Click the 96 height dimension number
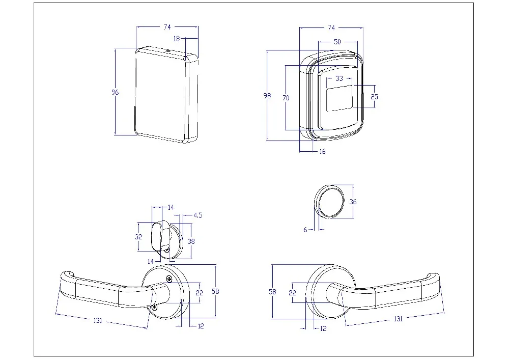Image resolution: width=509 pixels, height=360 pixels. pos(115,92)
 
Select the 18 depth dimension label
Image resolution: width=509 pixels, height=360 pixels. pos(177,38)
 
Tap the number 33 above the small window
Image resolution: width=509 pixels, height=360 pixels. pos(340,78)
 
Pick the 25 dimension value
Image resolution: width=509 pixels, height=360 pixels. pos(375,96)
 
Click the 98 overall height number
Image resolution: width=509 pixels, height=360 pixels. pos(268,96)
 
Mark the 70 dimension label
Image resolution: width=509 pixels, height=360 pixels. pos(286,98)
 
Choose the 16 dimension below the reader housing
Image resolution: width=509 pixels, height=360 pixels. pos(322,151)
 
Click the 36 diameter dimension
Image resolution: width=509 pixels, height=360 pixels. pos(353,202)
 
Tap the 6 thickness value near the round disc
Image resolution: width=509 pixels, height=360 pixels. pos(305,230)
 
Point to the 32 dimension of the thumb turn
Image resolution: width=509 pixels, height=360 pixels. pos(138,237)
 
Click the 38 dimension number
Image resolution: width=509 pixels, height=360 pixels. pos(192,241)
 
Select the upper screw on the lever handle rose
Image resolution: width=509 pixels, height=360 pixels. pos(169,279)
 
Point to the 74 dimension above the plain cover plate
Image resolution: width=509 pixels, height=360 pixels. pos(167,27)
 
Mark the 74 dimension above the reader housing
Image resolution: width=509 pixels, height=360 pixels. pos(331,27)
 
